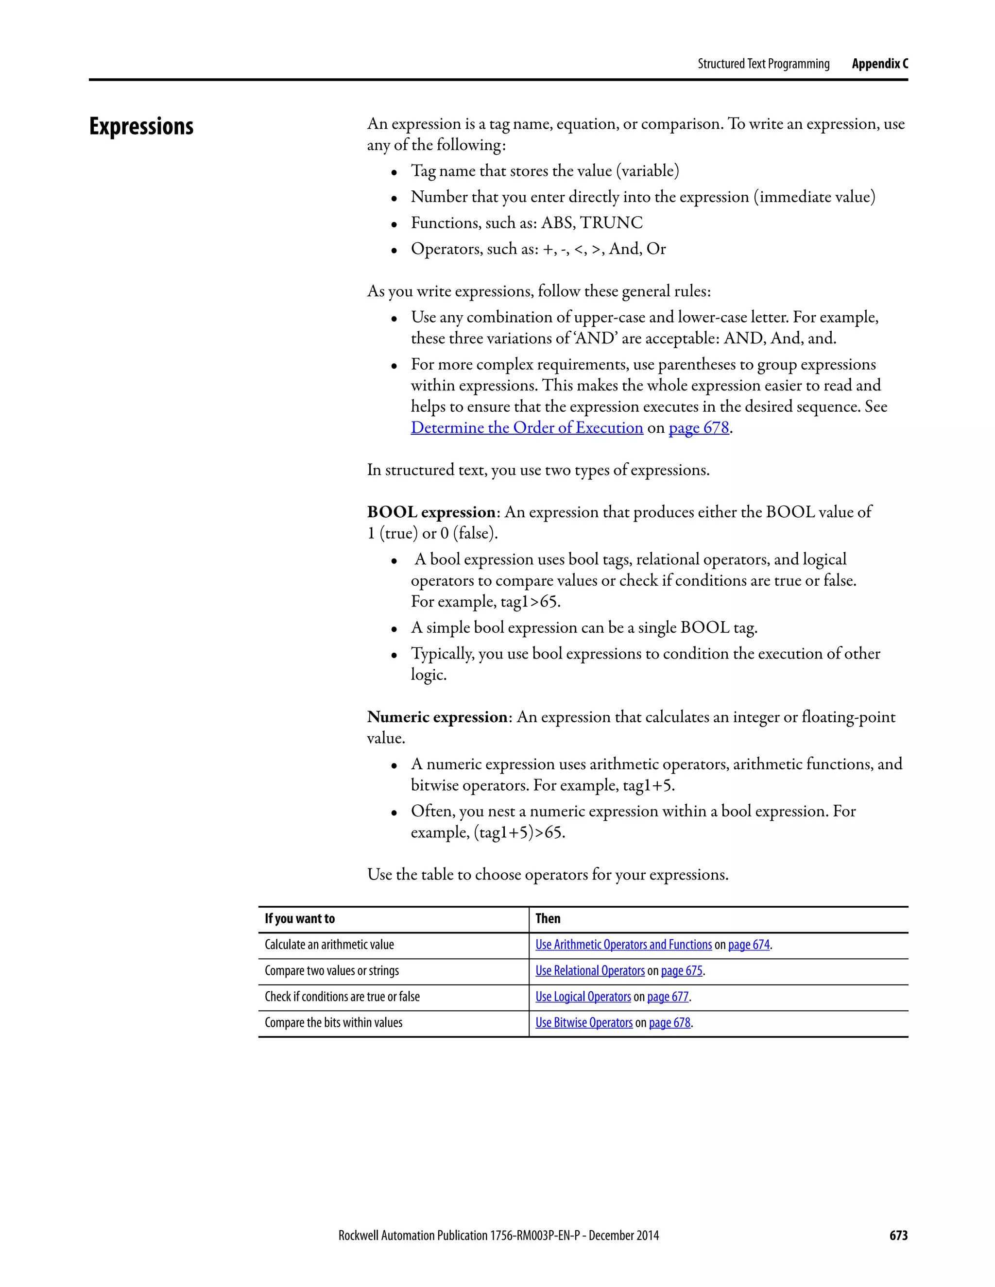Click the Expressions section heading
click(141, 127)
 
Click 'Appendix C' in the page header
click(879, 64)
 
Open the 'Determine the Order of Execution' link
click(526, 427)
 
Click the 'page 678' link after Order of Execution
click(699, 427)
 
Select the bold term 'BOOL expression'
click(431, 511)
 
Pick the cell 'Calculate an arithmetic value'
click(329, 944)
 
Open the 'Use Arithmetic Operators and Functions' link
click(623, 944)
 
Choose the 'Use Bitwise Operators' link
click(583, 1022)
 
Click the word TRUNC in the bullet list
click(611, 223)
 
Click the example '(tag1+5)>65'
click(519, 832)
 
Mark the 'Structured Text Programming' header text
click(763, 64)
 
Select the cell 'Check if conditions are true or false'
click(342, 997)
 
